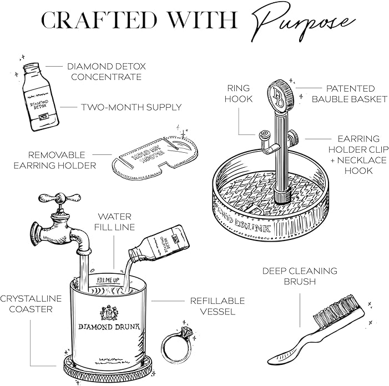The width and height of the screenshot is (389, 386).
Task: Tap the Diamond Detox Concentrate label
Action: click(106, 72)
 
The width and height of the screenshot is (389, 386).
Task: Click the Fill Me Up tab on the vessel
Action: click(108, 280)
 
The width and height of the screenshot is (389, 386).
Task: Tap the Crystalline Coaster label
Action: click(31, 304)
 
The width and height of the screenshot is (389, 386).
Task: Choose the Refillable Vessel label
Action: click(217, 306)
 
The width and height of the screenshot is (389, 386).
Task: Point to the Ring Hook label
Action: click(239, 93)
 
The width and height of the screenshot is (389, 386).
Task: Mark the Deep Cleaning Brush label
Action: click(300, 276)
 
